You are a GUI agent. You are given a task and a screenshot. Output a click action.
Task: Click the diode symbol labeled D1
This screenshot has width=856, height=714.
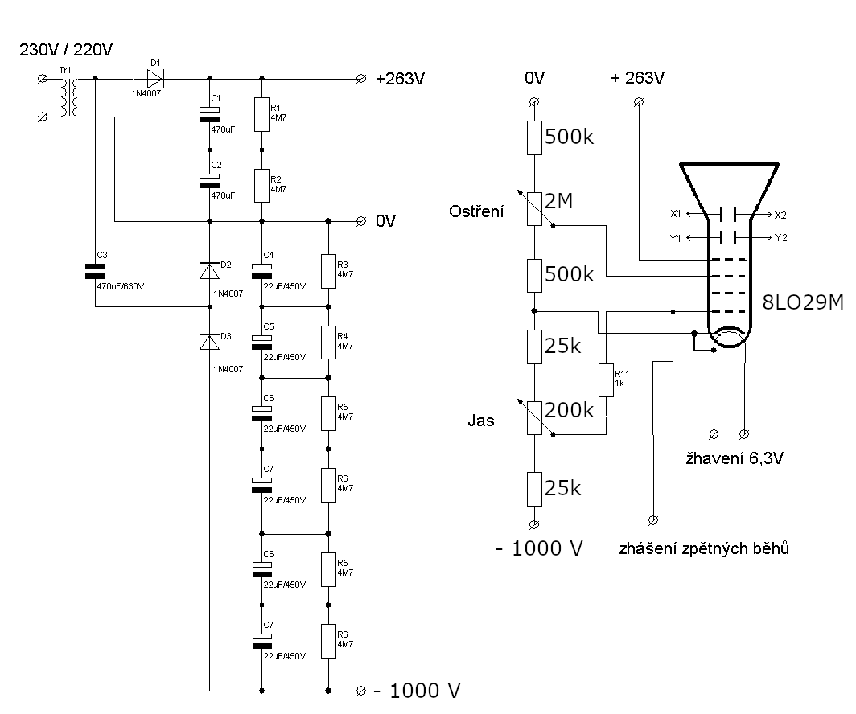pyautogui.click(x=154, y=78)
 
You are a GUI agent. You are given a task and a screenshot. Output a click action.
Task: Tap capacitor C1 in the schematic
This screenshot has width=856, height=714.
pyautogui.click(x=209, y=114)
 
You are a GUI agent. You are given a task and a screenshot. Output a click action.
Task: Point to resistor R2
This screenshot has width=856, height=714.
pyautogui.click(x=261, y=186)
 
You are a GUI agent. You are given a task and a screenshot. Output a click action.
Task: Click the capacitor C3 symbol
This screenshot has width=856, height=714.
pyautogui.click(x=96, y=273)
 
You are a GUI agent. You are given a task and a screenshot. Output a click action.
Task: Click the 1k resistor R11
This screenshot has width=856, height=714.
pyautogui.click(x=607, y=380)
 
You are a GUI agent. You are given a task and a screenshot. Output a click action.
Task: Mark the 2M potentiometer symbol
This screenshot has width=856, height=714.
pyautogui.click(x=534, y=207)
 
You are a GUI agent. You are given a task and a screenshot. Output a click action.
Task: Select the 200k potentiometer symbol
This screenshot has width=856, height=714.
pyautogui.click(x=534, y=416)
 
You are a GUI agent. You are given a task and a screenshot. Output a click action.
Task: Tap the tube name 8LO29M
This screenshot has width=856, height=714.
pyautogui.click(x=801, y=303)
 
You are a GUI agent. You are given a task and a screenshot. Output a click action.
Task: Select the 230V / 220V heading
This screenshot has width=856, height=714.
pyautogui.click(x=66, y=50)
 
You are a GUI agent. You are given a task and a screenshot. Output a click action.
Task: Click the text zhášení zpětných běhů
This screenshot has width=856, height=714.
pyautogui.click(x=704, y=549)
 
